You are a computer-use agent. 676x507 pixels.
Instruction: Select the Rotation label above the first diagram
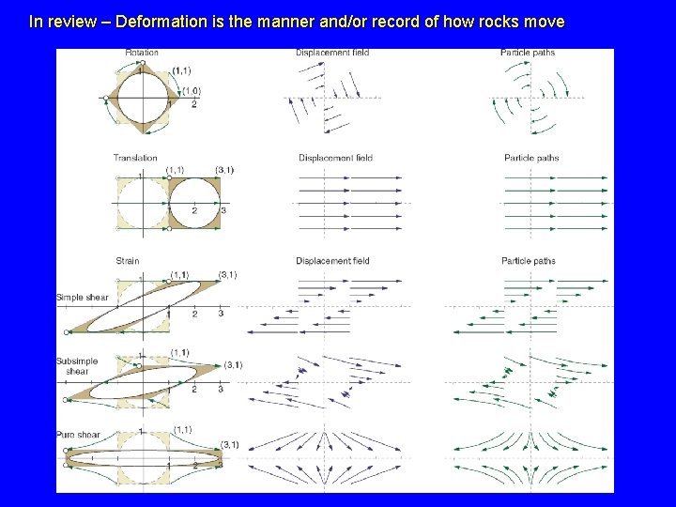[142, 53]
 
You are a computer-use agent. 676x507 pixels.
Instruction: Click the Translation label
[135, 158]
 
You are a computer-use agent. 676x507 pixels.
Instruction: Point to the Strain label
[128, 261]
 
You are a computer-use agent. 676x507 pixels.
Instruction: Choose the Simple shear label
[83, 298]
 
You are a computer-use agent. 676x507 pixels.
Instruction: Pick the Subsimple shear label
[77, 366]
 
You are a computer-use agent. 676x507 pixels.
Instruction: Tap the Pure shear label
[78, 435]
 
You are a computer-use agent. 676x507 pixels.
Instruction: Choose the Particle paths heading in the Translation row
[531, 158]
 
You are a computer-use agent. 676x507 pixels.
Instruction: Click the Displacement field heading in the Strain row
[332, 261]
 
